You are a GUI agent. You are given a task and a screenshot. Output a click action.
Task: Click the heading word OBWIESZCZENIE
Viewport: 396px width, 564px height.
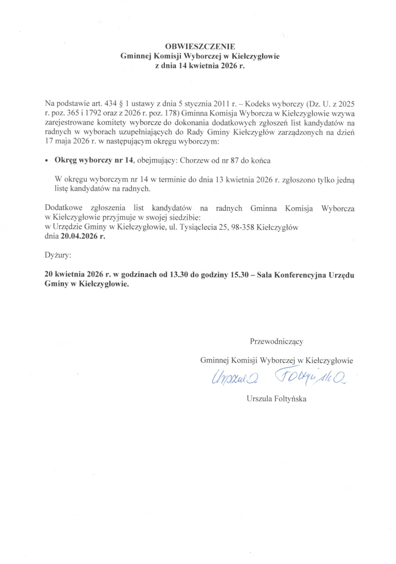pos(197,47)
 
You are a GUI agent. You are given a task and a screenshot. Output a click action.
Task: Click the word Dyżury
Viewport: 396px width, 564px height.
pos(58,256)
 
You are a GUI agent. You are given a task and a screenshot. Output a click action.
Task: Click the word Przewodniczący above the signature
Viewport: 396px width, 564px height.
pos(276,341)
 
